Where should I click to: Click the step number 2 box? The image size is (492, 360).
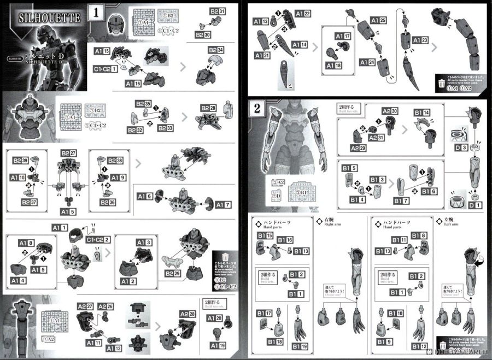[x=258, y=108]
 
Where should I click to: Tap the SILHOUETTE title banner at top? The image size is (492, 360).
[x=49, y=17]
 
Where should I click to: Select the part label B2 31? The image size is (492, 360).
[x=218, y=11]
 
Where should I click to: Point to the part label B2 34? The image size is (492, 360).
[x=216, y=50]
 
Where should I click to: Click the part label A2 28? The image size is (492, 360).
[x=190, y=313]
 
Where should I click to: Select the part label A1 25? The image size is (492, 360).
[x=378, y=20]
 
